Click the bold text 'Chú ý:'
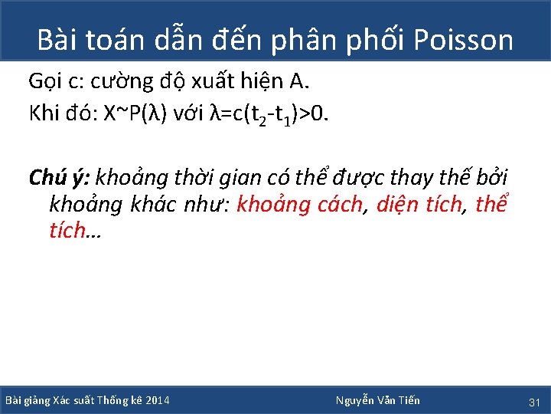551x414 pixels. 60,179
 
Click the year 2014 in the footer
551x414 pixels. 156,400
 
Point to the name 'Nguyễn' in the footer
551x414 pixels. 355,400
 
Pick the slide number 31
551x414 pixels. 534,401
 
